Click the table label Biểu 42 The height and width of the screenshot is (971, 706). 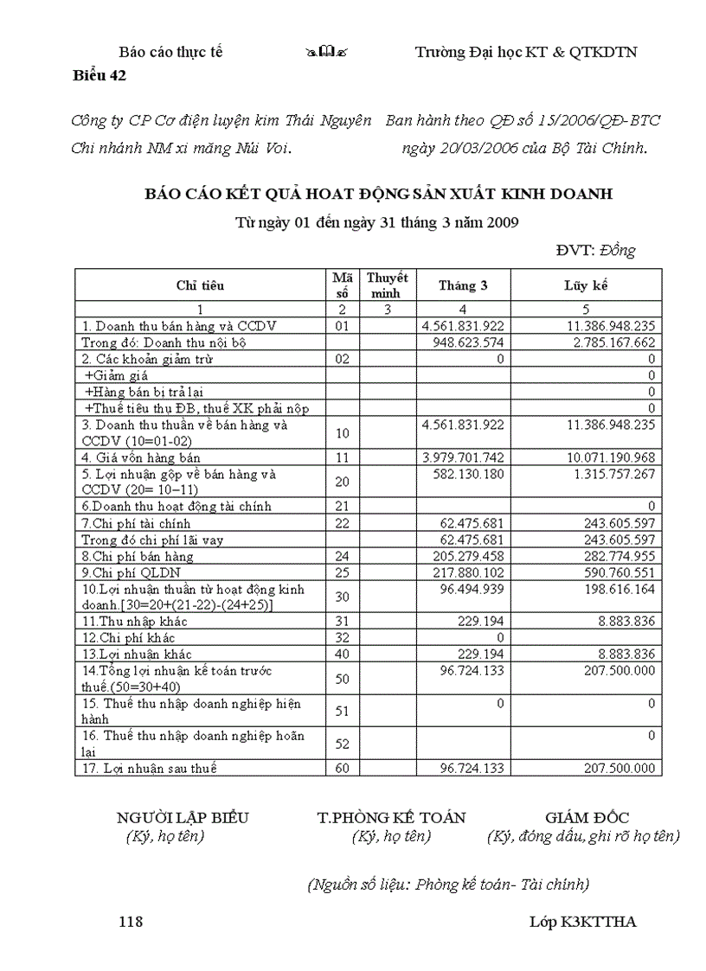click(x=99, y=75)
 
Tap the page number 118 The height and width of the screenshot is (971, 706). click(x=131, y=922)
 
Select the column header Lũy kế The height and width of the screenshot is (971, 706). click(x=586, y=285)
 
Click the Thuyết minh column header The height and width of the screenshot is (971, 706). click(x=388, y=285)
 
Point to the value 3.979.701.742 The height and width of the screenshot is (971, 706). click(x=463, y=457)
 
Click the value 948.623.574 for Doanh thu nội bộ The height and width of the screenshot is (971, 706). click(x=467, y=342)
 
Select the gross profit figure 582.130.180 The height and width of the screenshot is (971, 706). click(x=467, y=474)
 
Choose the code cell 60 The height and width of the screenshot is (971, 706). click(x=342, y=768)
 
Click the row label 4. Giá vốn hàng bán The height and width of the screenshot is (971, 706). click(x=138, y=457)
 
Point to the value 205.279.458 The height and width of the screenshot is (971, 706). click(x=467, y=556)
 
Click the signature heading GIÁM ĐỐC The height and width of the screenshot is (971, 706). click(x=587, y=817)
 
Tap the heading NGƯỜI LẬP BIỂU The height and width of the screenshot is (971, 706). click(x=183, y=817)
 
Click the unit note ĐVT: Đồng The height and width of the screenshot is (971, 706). click(x=595, y=251)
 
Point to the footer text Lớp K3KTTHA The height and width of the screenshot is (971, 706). click(x=582, y=922)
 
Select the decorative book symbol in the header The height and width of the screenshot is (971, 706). click(x=325, y=53)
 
